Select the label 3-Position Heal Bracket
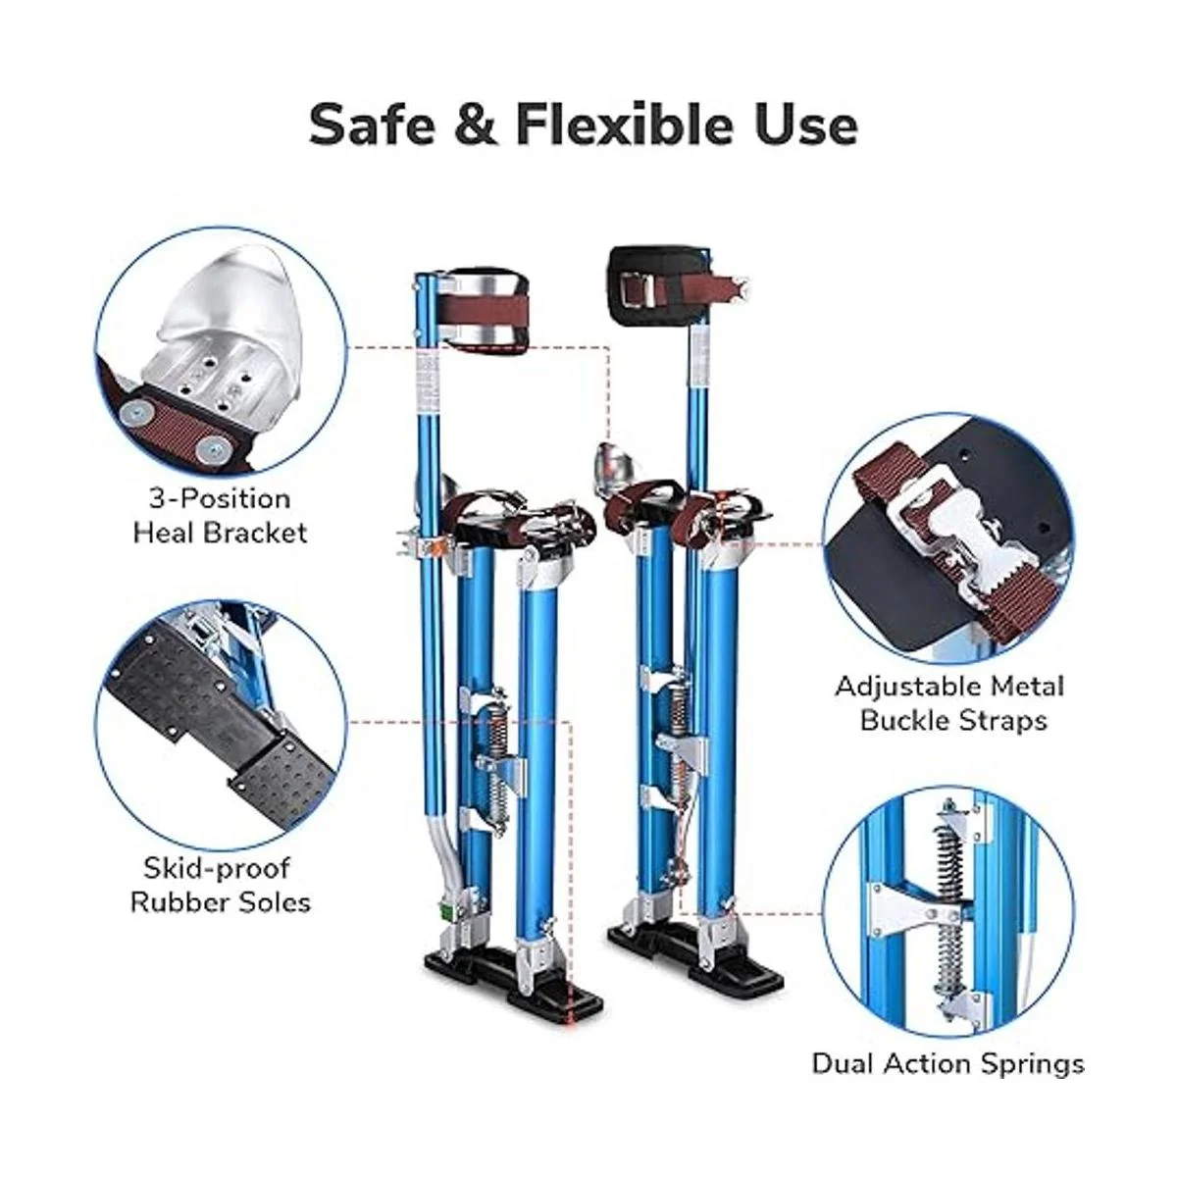pyautogui.click(x=220, y=516)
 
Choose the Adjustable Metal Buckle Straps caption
pyautogui.click(x=949, y=703)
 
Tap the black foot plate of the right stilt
pyautogui.click(x=696, y=952)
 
